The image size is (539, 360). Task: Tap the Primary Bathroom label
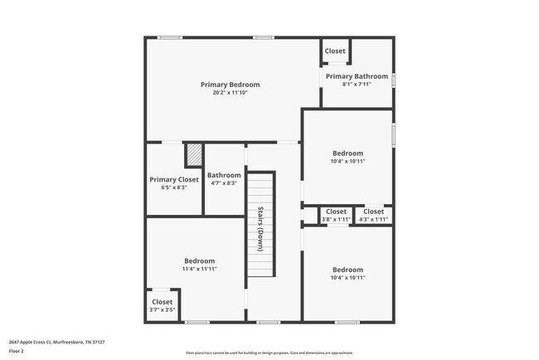tap(357, 76)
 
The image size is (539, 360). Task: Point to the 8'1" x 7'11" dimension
tap(357, 85)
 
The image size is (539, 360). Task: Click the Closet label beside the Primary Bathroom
tap(335, 51)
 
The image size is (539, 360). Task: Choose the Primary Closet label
tap(174, 179)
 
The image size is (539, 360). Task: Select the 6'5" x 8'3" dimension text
tap(174, 187)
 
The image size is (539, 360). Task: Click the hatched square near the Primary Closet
tap(193, 156)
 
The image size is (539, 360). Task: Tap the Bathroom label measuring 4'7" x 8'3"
tap(224, 175)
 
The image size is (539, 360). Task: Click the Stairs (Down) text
tap(260, 227)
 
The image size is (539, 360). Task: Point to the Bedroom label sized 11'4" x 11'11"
tap(199, 260)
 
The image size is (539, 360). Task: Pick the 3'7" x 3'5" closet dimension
tap(163, 309)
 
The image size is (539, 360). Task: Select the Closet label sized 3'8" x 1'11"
tap(336, 212)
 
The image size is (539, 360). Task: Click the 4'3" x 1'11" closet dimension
tap(373, 219)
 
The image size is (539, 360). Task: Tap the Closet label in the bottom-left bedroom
tap(163, 302)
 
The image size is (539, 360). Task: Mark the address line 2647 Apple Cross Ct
tap(56, 341)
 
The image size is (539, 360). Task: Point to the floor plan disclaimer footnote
tap(269, 352)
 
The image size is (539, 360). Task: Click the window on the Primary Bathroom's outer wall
tap(394, 80)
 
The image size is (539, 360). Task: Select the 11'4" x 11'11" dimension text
tap(199, 269)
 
